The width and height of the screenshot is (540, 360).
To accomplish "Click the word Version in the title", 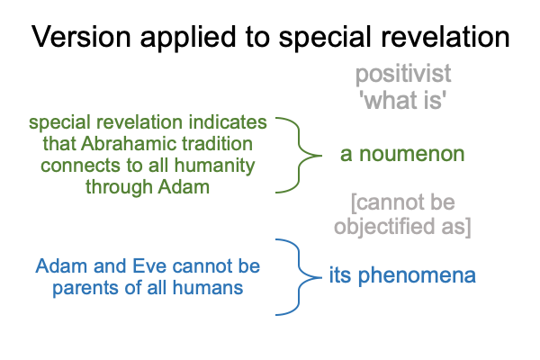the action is pos(81,37).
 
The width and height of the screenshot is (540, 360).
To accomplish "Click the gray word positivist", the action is pos(403,74).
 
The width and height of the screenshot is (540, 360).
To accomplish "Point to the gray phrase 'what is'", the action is pos(402,100).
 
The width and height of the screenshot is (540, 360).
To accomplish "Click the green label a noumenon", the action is pos(402,154).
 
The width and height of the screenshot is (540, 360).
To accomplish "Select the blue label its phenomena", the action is pos(402,275).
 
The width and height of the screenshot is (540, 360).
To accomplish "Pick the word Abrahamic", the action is pos(130,143).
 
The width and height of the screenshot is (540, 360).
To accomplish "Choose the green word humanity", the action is pos(214,166).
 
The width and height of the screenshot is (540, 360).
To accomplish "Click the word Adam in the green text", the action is pos(184,187).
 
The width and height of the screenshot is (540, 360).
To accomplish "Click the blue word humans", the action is pos(208,287).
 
